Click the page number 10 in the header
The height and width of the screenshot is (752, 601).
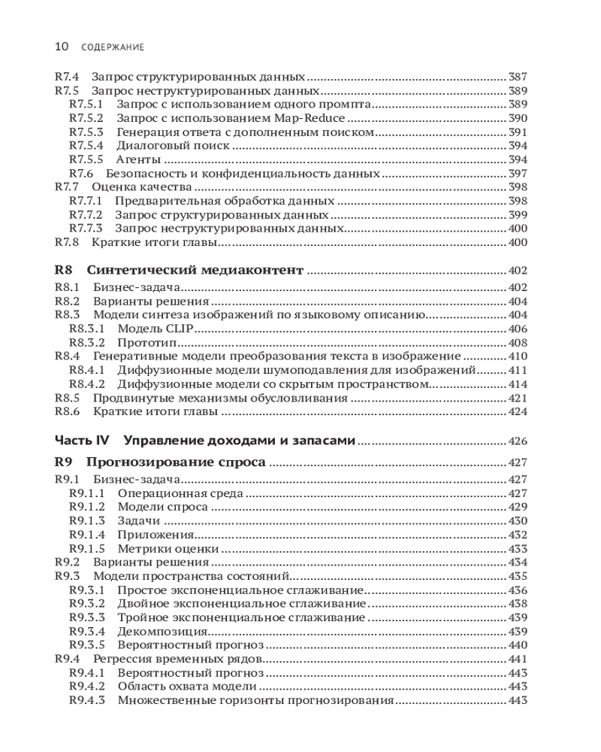pyautogui.click(x=62, y=47)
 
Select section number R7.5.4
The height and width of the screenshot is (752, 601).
pyautogui.click(x=86, y=146)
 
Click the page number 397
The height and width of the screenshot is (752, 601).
pyautogui.click(x=518, y=174)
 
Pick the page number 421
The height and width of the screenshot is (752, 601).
pyautogui.click(x=518, y=398)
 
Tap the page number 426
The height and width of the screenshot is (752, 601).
pyautogui.click(x=518, y=441)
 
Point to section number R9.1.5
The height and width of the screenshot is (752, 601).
pyautogui.click(x=86, y=549)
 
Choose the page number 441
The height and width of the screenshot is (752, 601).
pyautogui.click(x=518, y=660)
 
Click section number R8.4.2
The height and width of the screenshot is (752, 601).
pyautogui.click(x=86, y=384)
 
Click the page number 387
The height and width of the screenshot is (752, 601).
pyautogui.click(x=518, y=77)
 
